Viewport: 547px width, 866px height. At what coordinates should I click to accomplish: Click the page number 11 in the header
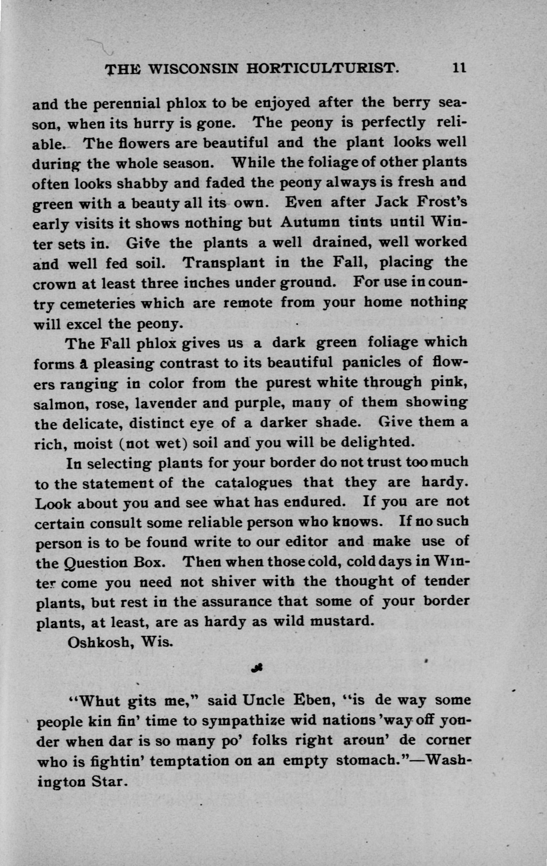coord(459,68)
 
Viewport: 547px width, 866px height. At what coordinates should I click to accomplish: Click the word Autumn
coord(310,222)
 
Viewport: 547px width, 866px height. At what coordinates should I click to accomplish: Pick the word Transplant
coord(223,263)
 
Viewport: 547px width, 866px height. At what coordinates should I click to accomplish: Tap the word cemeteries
coord(97,303)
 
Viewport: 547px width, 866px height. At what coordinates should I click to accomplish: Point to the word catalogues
coord(253,482)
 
